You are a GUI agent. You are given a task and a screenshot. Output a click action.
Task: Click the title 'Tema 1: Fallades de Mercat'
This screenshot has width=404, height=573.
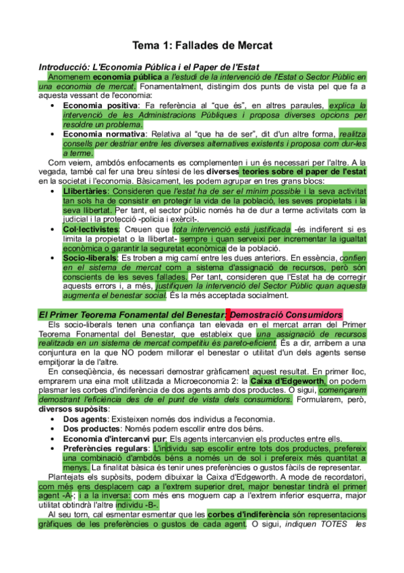(x=202, y=46)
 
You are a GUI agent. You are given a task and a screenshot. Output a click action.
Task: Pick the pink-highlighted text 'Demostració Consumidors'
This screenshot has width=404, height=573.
(x=287, y=314)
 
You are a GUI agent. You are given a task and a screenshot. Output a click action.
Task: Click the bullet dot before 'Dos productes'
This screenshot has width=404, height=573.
(x=53, y=430)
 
